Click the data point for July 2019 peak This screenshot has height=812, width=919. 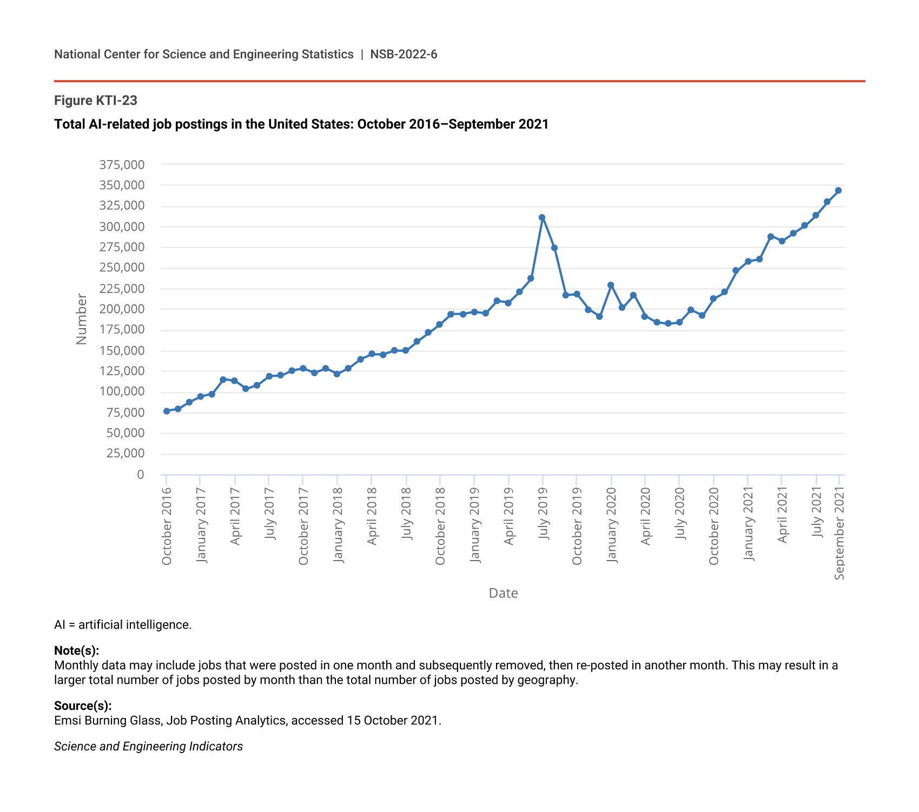pyautogui.click(x=542, y=217)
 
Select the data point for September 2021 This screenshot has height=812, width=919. pyautogui.click(x=838, y=190)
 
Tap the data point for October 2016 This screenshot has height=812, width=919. pyautogui.click(x=167, y=411)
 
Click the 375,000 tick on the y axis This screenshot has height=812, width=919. pyautogui.click(x=122, y=165)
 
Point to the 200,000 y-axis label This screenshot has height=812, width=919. pyautogui.click(x=122, y=309)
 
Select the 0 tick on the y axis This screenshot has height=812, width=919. pyautogui.click(x=141, y=475)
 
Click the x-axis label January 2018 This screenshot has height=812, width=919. pyautogui.click(x=338, y=525)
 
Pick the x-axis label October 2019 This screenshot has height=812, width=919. pyautogui.click(x=577, y=526)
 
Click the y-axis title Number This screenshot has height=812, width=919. pyautogui.click(x=82, y=319)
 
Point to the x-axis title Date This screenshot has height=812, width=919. pyautogui.click(x=503, y=593)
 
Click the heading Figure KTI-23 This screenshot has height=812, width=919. pyautogui.click(x=96, y=101)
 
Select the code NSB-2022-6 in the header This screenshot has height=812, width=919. pyautogui.click(x=404, y=54)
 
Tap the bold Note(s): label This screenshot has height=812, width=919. pyautogui.click(x=77, y=650)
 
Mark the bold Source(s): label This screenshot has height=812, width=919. pyautogui.click(x=83, y=705)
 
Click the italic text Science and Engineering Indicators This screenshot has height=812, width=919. pyautogui.click(x=148, y=747)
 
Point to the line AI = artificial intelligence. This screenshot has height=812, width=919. pyautogui.click(x=123, y=625)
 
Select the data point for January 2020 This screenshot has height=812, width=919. pyautogui.click(x=611, y=285)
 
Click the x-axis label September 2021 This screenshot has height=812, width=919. pyautogui.click(x=839, y=533)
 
